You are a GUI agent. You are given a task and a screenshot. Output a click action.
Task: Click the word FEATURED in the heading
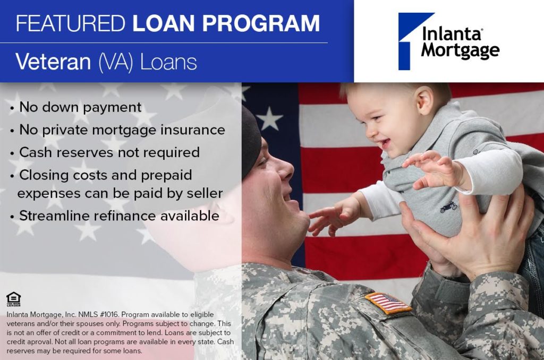(x=71, y=23)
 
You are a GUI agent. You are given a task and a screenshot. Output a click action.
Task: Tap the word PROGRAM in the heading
(x=261, y=23)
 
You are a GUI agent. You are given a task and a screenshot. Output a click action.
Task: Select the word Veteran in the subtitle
(x=53, y=62)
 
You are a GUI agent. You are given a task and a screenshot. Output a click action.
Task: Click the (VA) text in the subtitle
(x=115, y=63)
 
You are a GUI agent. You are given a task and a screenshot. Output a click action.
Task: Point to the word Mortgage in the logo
(x=460, y=50)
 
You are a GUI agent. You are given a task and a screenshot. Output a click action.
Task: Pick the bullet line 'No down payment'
(x=80, y=107)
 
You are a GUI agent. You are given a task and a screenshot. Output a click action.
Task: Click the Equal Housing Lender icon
(x=13, y=299)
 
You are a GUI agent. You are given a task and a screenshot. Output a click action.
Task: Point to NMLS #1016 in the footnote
(x=98, y=314)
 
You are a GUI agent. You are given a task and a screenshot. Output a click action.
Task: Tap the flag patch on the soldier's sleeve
(x=387, y=303)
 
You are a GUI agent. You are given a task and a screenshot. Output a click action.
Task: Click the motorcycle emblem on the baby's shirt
(x=448, y=207)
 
